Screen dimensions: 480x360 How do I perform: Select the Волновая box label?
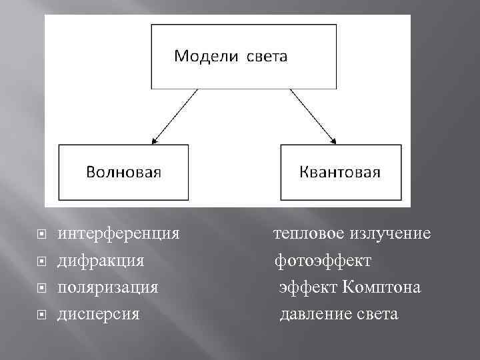(124, 173)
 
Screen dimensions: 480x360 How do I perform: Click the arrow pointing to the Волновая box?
(175, 117)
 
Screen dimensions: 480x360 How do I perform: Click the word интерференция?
(119, 235)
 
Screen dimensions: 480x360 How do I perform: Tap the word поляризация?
(108, 287)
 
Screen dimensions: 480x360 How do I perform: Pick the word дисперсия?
(99, 313)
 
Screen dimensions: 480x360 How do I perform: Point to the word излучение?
(390, 235)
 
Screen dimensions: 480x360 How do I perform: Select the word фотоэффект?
(324, 261)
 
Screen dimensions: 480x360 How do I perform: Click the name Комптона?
(382, 287)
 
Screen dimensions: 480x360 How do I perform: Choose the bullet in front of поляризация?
(41, 288)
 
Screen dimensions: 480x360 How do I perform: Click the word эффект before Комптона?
(309, 287)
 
